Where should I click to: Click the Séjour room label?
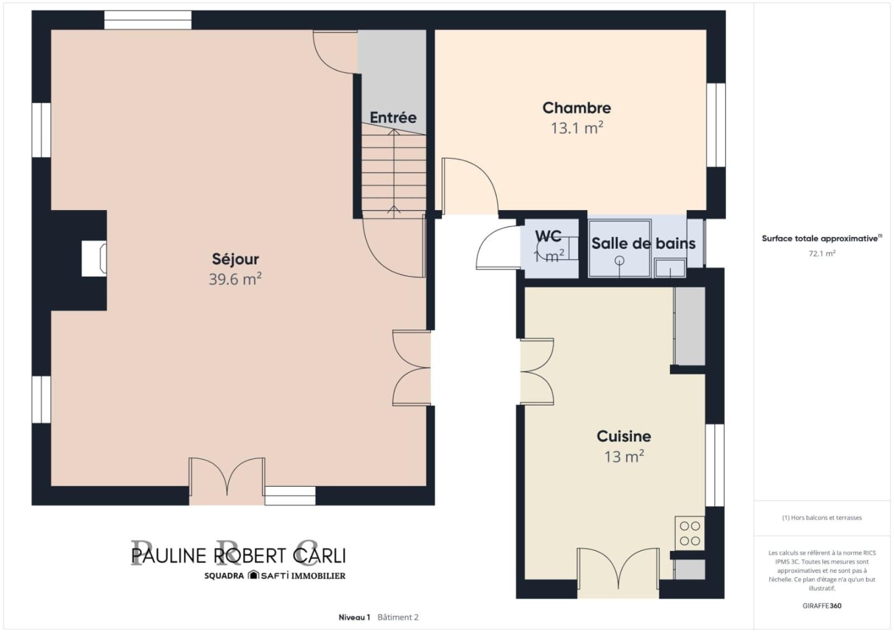coord(235,259)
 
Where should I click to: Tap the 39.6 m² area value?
coord(235,279)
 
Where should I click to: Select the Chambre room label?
coord(576,108)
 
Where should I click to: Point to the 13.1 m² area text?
coord(577,128)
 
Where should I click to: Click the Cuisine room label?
coord(624,436)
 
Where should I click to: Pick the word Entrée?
coord(393,117)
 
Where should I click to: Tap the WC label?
coord(548,237)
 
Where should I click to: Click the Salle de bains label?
coord(643,243)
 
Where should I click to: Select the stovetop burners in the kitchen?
coord(690,533)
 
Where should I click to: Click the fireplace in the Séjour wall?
coord(94,258)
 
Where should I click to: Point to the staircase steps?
coord(394,172)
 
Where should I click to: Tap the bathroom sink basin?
coord(670,268)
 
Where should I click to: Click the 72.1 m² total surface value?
coord(822,254)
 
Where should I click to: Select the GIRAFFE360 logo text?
coord(822,606)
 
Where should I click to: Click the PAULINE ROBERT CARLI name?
coord(238,556)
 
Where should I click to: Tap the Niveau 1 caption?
coord(354,618)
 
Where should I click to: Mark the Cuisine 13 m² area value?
coord(624,457)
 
